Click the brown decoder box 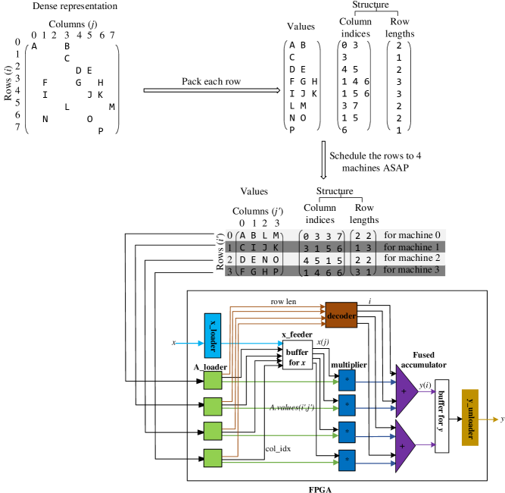(341, 315)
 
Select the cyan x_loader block (213, 334)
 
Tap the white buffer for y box (441, 416)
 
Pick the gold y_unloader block (469, 417)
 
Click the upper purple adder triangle (405, 391)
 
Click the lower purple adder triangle (405, 446)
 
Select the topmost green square (213, 380)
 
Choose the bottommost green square (213, 458)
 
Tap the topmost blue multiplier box (347, 380)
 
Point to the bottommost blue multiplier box (347, 460)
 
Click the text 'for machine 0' (412, 235)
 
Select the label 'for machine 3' (412, 270)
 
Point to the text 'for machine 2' (412, 258)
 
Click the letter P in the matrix (276, 272)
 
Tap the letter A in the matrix (242, 236)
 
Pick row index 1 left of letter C (229, 248)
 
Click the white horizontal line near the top (211, 90)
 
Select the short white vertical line (323, 159)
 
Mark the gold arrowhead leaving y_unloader (495, 419)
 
